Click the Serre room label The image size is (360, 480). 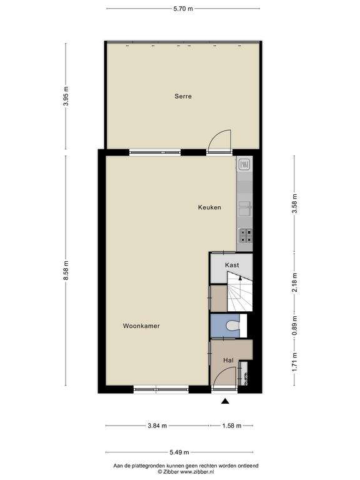click(183, 96)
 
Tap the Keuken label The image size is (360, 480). click(209, 207)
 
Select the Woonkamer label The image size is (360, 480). click(141, 326)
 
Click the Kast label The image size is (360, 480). click(232, 265)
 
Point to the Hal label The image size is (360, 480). click(228, 360)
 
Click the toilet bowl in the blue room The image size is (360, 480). click(233, 326)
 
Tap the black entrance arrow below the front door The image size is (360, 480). click(225, 401)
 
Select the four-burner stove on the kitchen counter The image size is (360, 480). click(246, 236)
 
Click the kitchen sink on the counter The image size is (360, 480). click(246, 209)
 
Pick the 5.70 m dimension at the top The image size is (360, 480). click(183, 9)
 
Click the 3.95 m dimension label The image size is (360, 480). click(66, 96)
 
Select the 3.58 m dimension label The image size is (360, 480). click(295, 204)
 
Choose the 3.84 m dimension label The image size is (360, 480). click(157, 426)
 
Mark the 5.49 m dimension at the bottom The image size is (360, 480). click(179, 452)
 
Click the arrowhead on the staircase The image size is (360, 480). click(240, 278)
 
